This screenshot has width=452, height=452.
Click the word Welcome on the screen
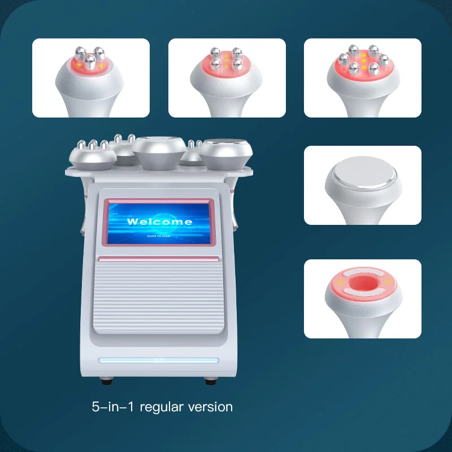pos(159,221)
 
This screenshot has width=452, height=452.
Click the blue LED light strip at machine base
pos(158,360)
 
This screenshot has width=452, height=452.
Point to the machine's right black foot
pos(210,380)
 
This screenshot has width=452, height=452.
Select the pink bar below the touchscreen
pos(158,258)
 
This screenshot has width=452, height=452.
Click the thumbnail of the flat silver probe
pos(363,185)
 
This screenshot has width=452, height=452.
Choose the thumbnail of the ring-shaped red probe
pos(363,299)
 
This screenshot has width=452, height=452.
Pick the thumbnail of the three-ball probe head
pos(91,78)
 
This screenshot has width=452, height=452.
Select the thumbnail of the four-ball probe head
pos(227,78)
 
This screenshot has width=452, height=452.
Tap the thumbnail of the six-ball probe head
pos(363,78)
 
